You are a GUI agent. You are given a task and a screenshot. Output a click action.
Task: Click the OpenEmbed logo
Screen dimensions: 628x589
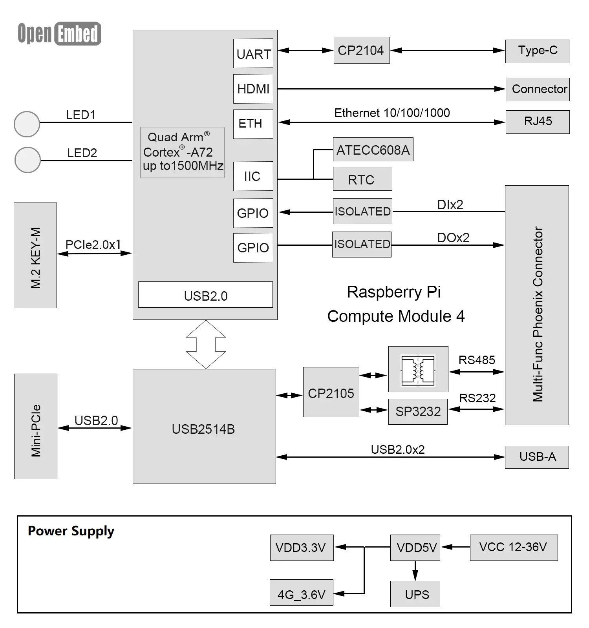60,33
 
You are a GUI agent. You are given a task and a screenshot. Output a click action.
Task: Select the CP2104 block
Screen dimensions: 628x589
361,50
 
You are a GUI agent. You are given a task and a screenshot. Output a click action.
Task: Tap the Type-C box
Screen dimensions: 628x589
537,51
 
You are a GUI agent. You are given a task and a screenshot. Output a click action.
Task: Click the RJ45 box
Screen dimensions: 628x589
537,122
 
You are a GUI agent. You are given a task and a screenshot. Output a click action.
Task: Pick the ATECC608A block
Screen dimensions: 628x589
373,149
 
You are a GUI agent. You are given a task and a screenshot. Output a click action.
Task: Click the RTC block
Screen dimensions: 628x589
362,179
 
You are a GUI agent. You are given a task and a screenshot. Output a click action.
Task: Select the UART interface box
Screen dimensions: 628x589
253,53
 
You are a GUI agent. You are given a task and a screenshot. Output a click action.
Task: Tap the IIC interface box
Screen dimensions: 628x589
253,176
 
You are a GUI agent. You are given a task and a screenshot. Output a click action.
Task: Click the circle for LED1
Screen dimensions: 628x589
27,124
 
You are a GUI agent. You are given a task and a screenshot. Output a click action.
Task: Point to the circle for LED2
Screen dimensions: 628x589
27,160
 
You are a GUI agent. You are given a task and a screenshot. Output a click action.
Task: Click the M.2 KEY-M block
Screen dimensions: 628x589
35,255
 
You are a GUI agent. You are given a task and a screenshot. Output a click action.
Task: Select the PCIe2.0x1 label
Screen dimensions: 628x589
93,245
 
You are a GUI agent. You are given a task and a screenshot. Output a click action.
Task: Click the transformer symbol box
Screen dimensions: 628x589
418,369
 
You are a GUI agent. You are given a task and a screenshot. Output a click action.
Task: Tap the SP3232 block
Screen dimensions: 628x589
417,411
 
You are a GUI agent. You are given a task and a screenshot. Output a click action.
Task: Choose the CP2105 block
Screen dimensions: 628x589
331,392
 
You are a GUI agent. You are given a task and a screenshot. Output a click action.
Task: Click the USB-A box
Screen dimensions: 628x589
536,457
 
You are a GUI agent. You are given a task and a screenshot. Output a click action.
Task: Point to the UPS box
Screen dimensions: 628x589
415,594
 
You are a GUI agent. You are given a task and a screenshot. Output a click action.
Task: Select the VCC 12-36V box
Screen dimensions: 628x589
513,547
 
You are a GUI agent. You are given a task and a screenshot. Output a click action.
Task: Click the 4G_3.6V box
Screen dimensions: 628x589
301,592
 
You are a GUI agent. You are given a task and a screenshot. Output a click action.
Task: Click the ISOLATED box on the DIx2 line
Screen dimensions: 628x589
362,211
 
